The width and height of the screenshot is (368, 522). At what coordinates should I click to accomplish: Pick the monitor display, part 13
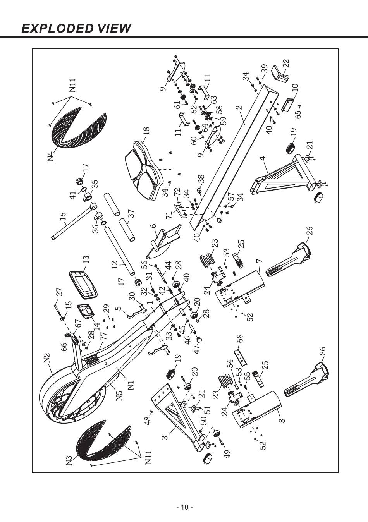83,284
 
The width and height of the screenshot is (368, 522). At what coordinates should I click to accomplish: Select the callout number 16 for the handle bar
63,216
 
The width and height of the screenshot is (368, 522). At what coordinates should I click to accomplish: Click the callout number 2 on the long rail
239,107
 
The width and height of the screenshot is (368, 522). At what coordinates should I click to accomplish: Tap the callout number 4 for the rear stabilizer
263,158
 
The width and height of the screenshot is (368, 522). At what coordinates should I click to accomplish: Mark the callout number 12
115,265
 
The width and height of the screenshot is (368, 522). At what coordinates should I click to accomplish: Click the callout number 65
298,114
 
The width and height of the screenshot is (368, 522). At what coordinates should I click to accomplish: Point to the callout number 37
131,213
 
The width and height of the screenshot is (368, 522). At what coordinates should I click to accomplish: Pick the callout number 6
153,226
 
